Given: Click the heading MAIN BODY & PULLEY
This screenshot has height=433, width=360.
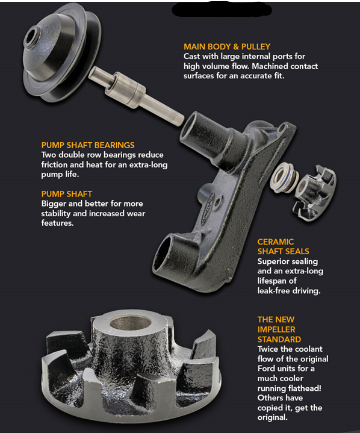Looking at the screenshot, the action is click(x=227, y=46).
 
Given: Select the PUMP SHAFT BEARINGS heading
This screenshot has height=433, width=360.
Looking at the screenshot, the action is click(x=88, y=145).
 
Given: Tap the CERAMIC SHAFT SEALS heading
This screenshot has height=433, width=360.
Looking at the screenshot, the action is click(x=283, y=246).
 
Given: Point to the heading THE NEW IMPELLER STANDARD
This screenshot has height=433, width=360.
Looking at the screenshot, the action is click(x=279, y=329).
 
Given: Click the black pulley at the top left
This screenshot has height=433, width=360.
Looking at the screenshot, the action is click(x=62, y=52).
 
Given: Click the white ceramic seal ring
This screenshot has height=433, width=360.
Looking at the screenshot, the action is click(x=284, y=177).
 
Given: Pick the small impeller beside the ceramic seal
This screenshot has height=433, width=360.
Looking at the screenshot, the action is click(x=315, y=193).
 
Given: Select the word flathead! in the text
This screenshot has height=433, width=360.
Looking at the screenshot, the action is click(x=305, y=388).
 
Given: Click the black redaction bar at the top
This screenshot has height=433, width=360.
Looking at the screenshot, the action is click(x=222, y=9).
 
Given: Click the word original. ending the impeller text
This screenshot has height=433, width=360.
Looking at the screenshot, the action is click(x=273, y=417).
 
